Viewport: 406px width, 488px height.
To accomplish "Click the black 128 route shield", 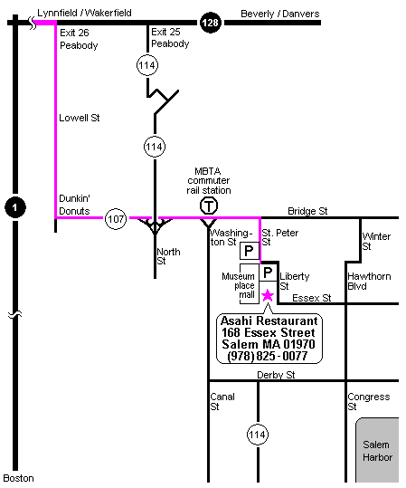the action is (x=211, y=23).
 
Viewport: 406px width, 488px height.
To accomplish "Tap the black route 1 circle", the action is (x=15, y=207).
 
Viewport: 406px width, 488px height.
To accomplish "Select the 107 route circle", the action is (x=116, y=219).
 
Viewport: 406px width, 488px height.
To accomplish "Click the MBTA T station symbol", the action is (x=209, y=206).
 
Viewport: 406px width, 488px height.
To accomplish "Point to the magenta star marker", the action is (x=268, y=295).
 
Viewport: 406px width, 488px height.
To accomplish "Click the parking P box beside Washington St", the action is (x=250, y=251).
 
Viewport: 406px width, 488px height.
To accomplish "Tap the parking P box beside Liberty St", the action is (x=268, y=273).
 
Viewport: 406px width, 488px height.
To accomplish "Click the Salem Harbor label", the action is (x=377, y=451).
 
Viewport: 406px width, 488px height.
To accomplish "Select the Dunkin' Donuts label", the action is (x=75, y=205).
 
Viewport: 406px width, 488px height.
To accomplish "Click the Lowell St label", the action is (x=80, y=118).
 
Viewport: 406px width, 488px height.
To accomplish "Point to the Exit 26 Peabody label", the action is (x=79, y=39).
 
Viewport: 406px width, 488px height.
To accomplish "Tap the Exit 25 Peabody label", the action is (x=170, y=38).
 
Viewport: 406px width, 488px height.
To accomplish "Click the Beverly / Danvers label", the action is (x=280, y=14).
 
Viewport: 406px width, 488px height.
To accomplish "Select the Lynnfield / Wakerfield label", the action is (x=84, y=13).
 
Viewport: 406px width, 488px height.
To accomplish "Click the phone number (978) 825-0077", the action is (x=268, y=356).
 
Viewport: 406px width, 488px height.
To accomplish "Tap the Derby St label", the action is (x=276, y=375).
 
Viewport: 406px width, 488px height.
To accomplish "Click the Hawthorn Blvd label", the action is (x=369, y=281).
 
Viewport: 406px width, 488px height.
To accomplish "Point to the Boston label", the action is (x=18, y=478).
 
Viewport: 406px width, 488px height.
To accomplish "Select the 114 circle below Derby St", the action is (x=258, y=435).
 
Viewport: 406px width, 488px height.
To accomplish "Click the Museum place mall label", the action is (x=239, y=285).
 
